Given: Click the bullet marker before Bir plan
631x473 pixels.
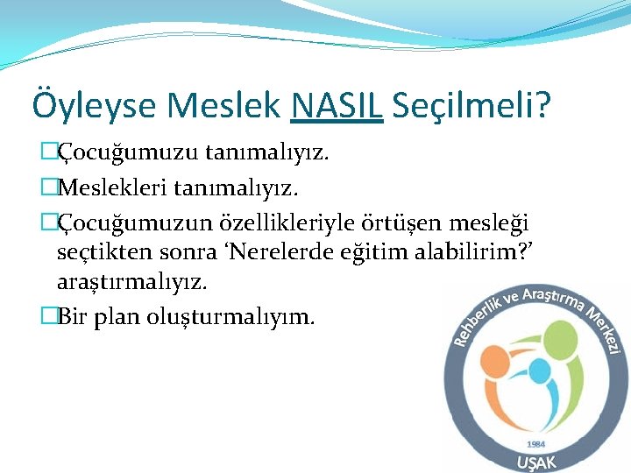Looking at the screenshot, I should (49, 315).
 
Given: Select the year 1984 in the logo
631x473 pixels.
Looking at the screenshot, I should (536, 444).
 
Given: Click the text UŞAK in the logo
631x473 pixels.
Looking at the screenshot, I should (536, 462).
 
